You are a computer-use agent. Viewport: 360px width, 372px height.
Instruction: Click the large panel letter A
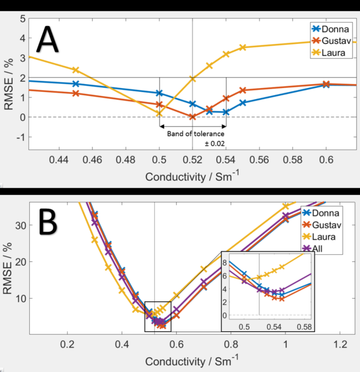48,39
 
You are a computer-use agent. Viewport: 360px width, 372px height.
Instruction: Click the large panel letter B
48,221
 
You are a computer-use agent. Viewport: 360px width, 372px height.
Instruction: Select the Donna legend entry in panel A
332,29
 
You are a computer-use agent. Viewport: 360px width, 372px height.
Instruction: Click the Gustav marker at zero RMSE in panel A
193,117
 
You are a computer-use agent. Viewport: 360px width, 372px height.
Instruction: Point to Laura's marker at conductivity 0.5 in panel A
159,114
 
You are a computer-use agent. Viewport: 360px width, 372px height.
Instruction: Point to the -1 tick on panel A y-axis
20,136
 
